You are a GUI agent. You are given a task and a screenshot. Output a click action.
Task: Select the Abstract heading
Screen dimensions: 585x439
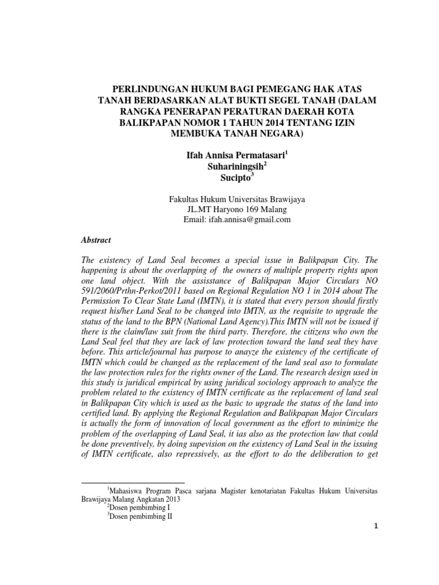(x=97, y=241)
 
